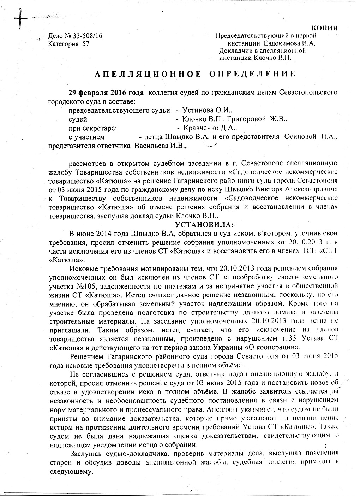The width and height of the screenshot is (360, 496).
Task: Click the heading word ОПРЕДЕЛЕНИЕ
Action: click(252, 74)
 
